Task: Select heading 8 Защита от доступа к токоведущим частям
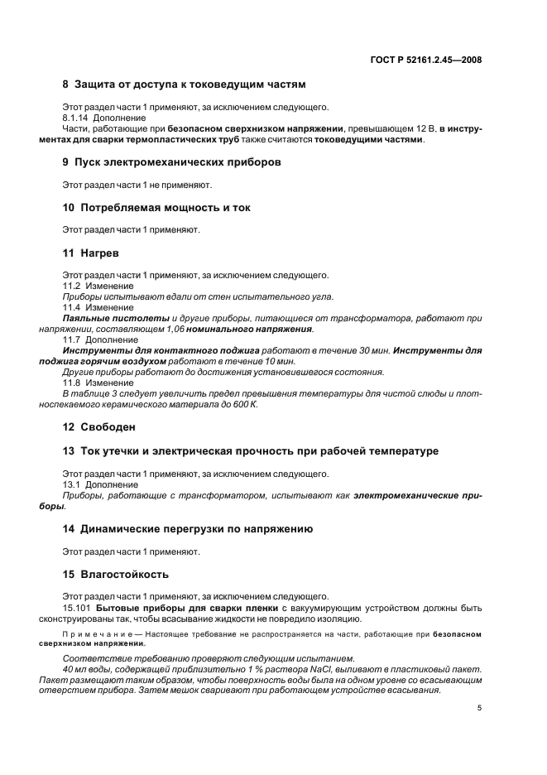coord(184,84)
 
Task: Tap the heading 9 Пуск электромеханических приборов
coord(171,162)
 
